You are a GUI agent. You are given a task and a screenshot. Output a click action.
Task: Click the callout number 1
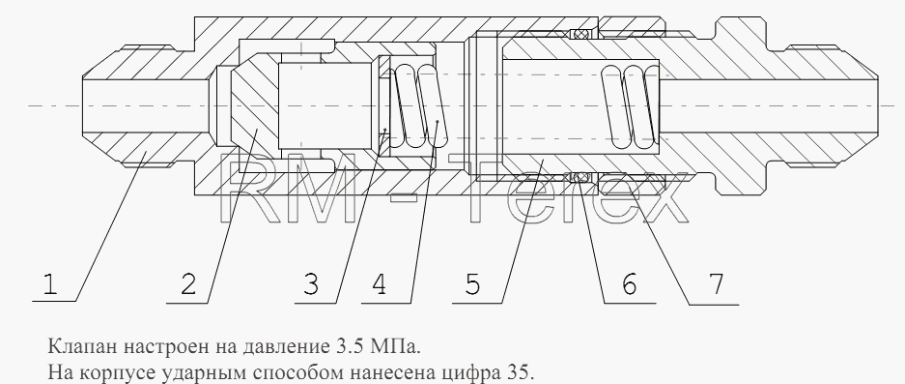50,284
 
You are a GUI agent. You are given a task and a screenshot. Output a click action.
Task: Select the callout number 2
188,284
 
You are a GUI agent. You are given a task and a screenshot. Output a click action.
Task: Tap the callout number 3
310,284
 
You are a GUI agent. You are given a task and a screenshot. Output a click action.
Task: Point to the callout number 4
380,284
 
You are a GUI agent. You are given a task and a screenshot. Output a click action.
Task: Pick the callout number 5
472,284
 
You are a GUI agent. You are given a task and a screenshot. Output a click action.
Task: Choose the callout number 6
629,284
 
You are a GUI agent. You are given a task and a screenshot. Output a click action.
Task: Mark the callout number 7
716,284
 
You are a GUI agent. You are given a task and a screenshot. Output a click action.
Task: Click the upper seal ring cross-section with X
580,34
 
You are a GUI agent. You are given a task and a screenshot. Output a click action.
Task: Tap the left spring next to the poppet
414,106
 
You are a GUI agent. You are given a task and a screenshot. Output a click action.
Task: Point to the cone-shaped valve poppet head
254,105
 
